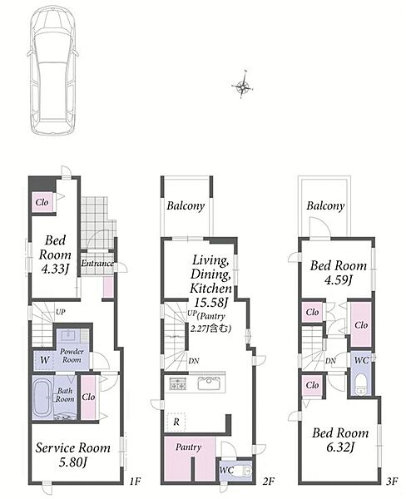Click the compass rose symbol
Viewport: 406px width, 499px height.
tap(243, 86)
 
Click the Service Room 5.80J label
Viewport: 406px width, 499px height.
tap(73, 455)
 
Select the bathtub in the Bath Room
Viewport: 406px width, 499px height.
tap(42, 398)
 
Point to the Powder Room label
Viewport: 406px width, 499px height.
tap(72, 355)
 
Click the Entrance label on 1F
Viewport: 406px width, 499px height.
tap(97, 263)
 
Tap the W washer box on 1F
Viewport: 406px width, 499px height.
tap(45, 360)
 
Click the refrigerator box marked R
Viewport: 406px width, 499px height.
tap(176, 422)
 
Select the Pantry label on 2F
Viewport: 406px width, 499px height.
tap(188, 447)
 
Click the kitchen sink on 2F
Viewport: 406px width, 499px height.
tap(209, 383)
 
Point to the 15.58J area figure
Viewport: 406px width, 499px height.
tap(211, 302)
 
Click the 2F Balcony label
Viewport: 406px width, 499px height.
tap(186, 206)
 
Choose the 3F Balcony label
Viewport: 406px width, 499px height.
tap(325, 206)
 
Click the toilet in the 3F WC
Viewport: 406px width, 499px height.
tap(360, 383)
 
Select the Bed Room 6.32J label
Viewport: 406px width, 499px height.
tap(340, 439)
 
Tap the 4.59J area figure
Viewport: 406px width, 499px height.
tap(338, 280)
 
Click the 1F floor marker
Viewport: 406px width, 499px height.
tap(135, 481)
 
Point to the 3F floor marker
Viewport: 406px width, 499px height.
tap(392, 481)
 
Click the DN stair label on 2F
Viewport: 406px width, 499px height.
tap(194, 361)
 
